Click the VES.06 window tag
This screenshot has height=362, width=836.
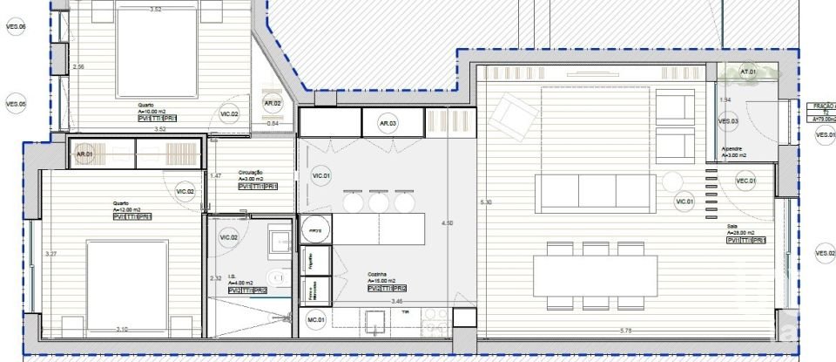16,27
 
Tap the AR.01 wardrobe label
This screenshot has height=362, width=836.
84,154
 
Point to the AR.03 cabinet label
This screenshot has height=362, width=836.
388,124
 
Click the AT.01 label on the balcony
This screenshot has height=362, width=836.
747,72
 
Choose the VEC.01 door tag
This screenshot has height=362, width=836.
745,181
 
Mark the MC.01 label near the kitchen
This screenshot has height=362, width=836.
315,320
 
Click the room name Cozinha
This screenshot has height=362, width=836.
378,273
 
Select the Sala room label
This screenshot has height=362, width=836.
733,225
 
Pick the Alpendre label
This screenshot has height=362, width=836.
731,148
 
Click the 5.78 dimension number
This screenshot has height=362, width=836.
625,330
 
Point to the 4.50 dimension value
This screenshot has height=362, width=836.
448,223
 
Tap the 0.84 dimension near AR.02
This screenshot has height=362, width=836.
273,123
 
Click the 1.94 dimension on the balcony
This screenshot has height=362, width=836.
725,99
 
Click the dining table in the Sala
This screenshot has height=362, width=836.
595,276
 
